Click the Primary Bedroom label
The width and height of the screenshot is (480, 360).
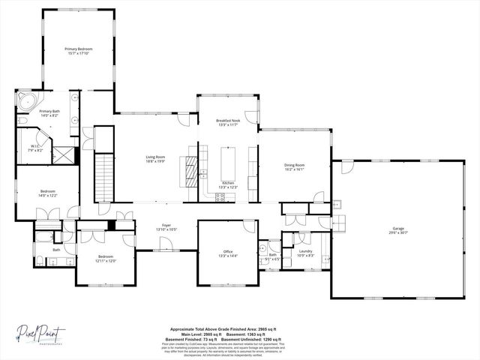[79, 48]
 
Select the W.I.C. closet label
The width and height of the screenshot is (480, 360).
[34, 146]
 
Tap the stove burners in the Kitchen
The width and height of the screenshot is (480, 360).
[220, 197]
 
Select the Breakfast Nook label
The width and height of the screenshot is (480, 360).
[228, 121]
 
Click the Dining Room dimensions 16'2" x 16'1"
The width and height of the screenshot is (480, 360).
[294, 169]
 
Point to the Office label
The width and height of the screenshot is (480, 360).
[228, 251]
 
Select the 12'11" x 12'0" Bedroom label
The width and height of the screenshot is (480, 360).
[106, 260]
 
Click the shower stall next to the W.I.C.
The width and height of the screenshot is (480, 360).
[66, 156]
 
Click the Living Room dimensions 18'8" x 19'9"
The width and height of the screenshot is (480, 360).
[155, 161]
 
